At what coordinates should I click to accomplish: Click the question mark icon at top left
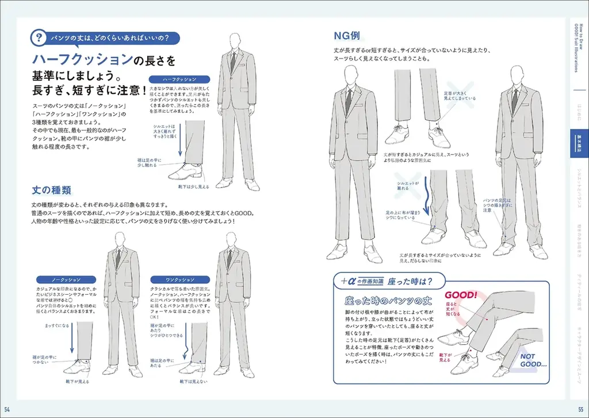pos(39,39)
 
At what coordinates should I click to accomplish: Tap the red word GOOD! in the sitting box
pos(460,295)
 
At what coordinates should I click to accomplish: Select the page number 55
pos(581,409)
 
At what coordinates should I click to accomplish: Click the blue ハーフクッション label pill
pos(179,79)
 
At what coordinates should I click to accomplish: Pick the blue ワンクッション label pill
pos(179,279)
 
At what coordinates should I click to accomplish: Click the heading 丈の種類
pos(51,189)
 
